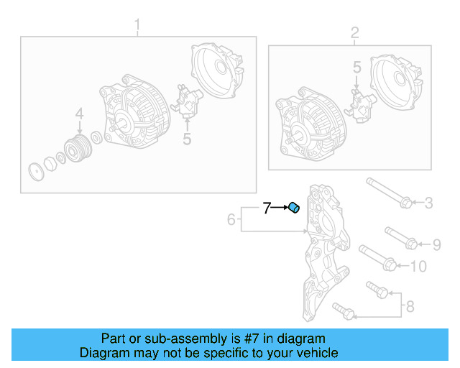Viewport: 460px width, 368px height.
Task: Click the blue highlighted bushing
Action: pos(293,208)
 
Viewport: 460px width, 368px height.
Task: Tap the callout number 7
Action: pos(267,208)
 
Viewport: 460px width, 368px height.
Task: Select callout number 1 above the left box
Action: pos(138,28)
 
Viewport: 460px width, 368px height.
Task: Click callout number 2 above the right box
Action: pos(354,33)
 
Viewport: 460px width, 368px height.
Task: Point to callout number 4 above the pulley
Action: pos(79,114)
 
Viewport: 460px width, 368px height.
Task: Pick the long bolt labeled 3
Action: pos(388,193)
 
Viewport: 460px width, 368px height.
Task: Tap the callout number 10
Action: pos(418,267)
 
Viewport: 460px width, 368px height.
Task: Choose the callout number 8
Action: pos(410,307)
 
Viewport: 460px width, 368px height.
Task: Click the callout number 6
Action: pos(231,219)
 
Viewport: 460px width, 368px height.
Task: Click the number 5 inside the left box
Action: pos(187,138)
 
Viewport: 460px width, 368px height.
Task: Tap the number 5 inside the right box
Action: pos(356,68)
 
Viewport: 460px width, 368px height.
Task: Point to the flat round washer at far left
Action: pos(33,172)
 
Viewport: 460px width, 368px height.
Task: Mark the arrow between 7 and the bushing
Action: pos(280,208)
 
